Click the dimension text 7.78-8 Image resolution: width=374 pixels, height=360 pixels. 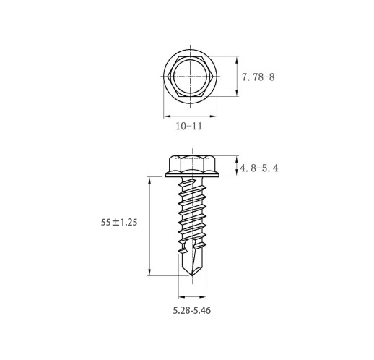point(258,77)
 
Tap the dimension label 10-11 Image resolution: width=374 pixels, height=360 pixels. point(189,126)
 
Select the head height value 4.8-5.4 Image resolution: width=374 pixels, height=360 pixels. point(259,168)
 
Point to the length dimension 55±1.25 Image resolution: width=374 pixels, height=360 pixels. point(119,222)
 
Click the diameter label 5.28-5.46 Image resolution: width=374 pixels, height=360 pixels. point(192,310)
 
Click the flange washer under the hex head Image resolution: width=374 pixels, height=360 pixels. point(192,174)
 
